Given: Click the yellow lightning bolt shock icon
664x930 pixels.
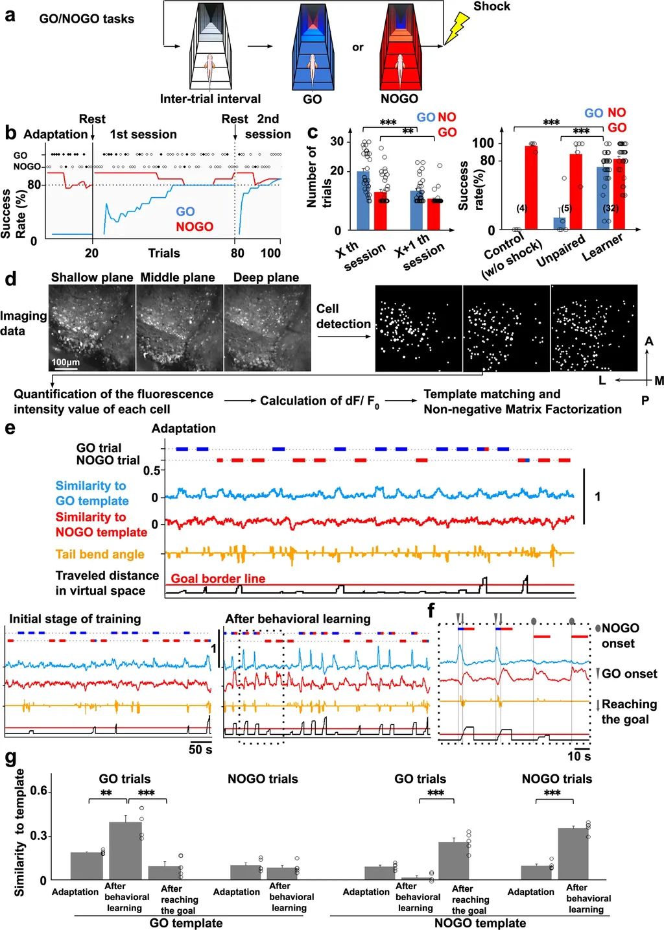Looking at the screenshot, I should coord(458,29).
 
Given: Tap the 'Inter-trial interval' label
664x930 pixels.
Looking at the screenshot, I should coord(210,99).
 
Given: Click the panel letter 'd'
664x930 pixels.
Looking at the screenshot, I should coord(10,280).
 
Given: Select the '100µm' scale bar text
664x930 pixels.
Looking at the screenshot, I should coord(65,362).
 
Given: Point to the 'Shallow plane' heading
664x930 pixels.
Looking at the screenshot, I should coord(92,278).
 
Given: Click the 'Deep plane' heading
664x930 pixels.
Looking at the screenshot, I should coord(266,278).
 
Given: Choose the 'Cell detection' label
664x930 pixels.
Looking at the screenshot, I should coord(344,316).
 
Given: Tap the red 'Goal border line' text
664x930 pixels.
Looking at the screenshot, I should coord(218,578).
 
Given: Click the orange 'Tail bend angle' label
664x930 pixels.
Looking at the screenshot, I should coord(100,554).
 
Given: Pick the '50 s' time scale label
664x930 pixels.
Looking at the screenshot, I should coord(200,750).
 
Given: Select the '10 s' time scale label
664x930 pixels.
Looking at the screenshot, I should coord(579,756).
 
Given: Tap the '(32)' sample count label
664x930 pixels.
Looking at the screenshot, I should coord(611,208).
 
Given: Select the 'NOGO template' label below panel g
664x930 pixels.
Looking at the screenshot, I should coord(480,923).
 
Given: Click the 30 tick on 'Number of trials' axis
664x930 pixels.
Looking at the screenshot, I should coord(337,141).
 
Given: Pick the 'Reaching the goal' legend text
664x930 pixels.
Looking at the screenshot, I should coord(628,711).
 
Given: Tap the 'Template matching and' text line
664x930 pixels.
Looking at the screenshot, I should coord(492,394).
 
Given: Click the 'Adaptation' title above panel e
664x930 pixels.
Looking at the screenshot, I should coord(184,429).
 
